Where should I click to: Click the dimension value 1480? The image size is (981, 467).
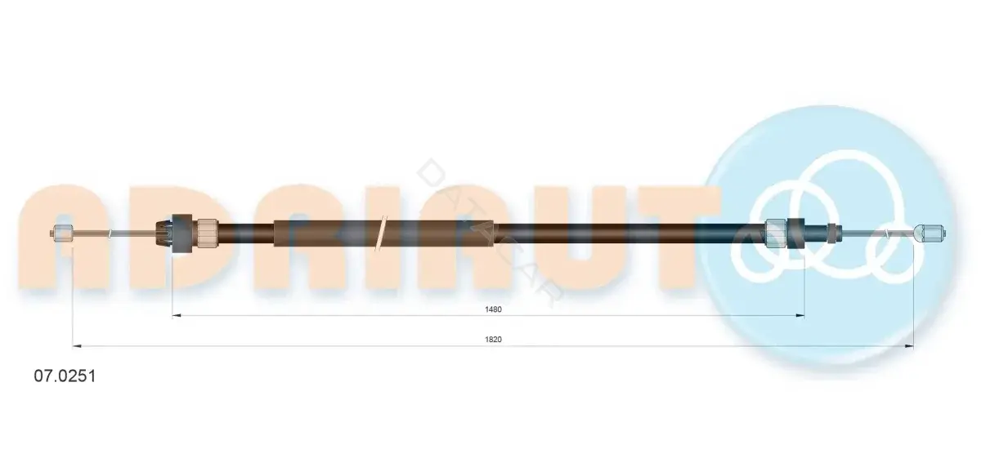[x=493, y=309]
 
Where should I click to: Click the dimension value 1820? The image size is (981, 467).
[x=493, y=340]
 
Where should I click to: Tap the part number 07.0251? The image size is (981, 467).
[x=65, y=376]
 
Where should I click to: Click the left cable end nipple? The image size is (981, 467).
[x=62, y=233]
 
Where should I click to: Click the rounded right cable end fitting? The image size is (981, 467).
[x=929, y=233]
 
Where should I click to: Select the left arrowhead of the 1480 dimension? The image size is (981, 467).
[x=176, y=315]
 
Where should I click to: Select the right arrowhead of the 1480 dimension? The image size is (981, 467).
[x=800, y=315]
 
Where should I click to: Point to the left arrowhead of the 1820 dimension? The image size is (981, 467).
[x=77, y=346]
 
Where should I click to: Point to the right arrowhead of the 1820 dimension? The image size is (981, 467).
[x=909, y=346]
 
